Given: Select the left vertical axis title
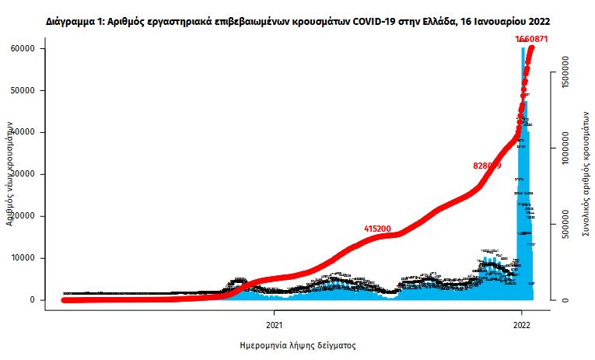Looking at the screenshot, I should (x=11, y=173).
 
